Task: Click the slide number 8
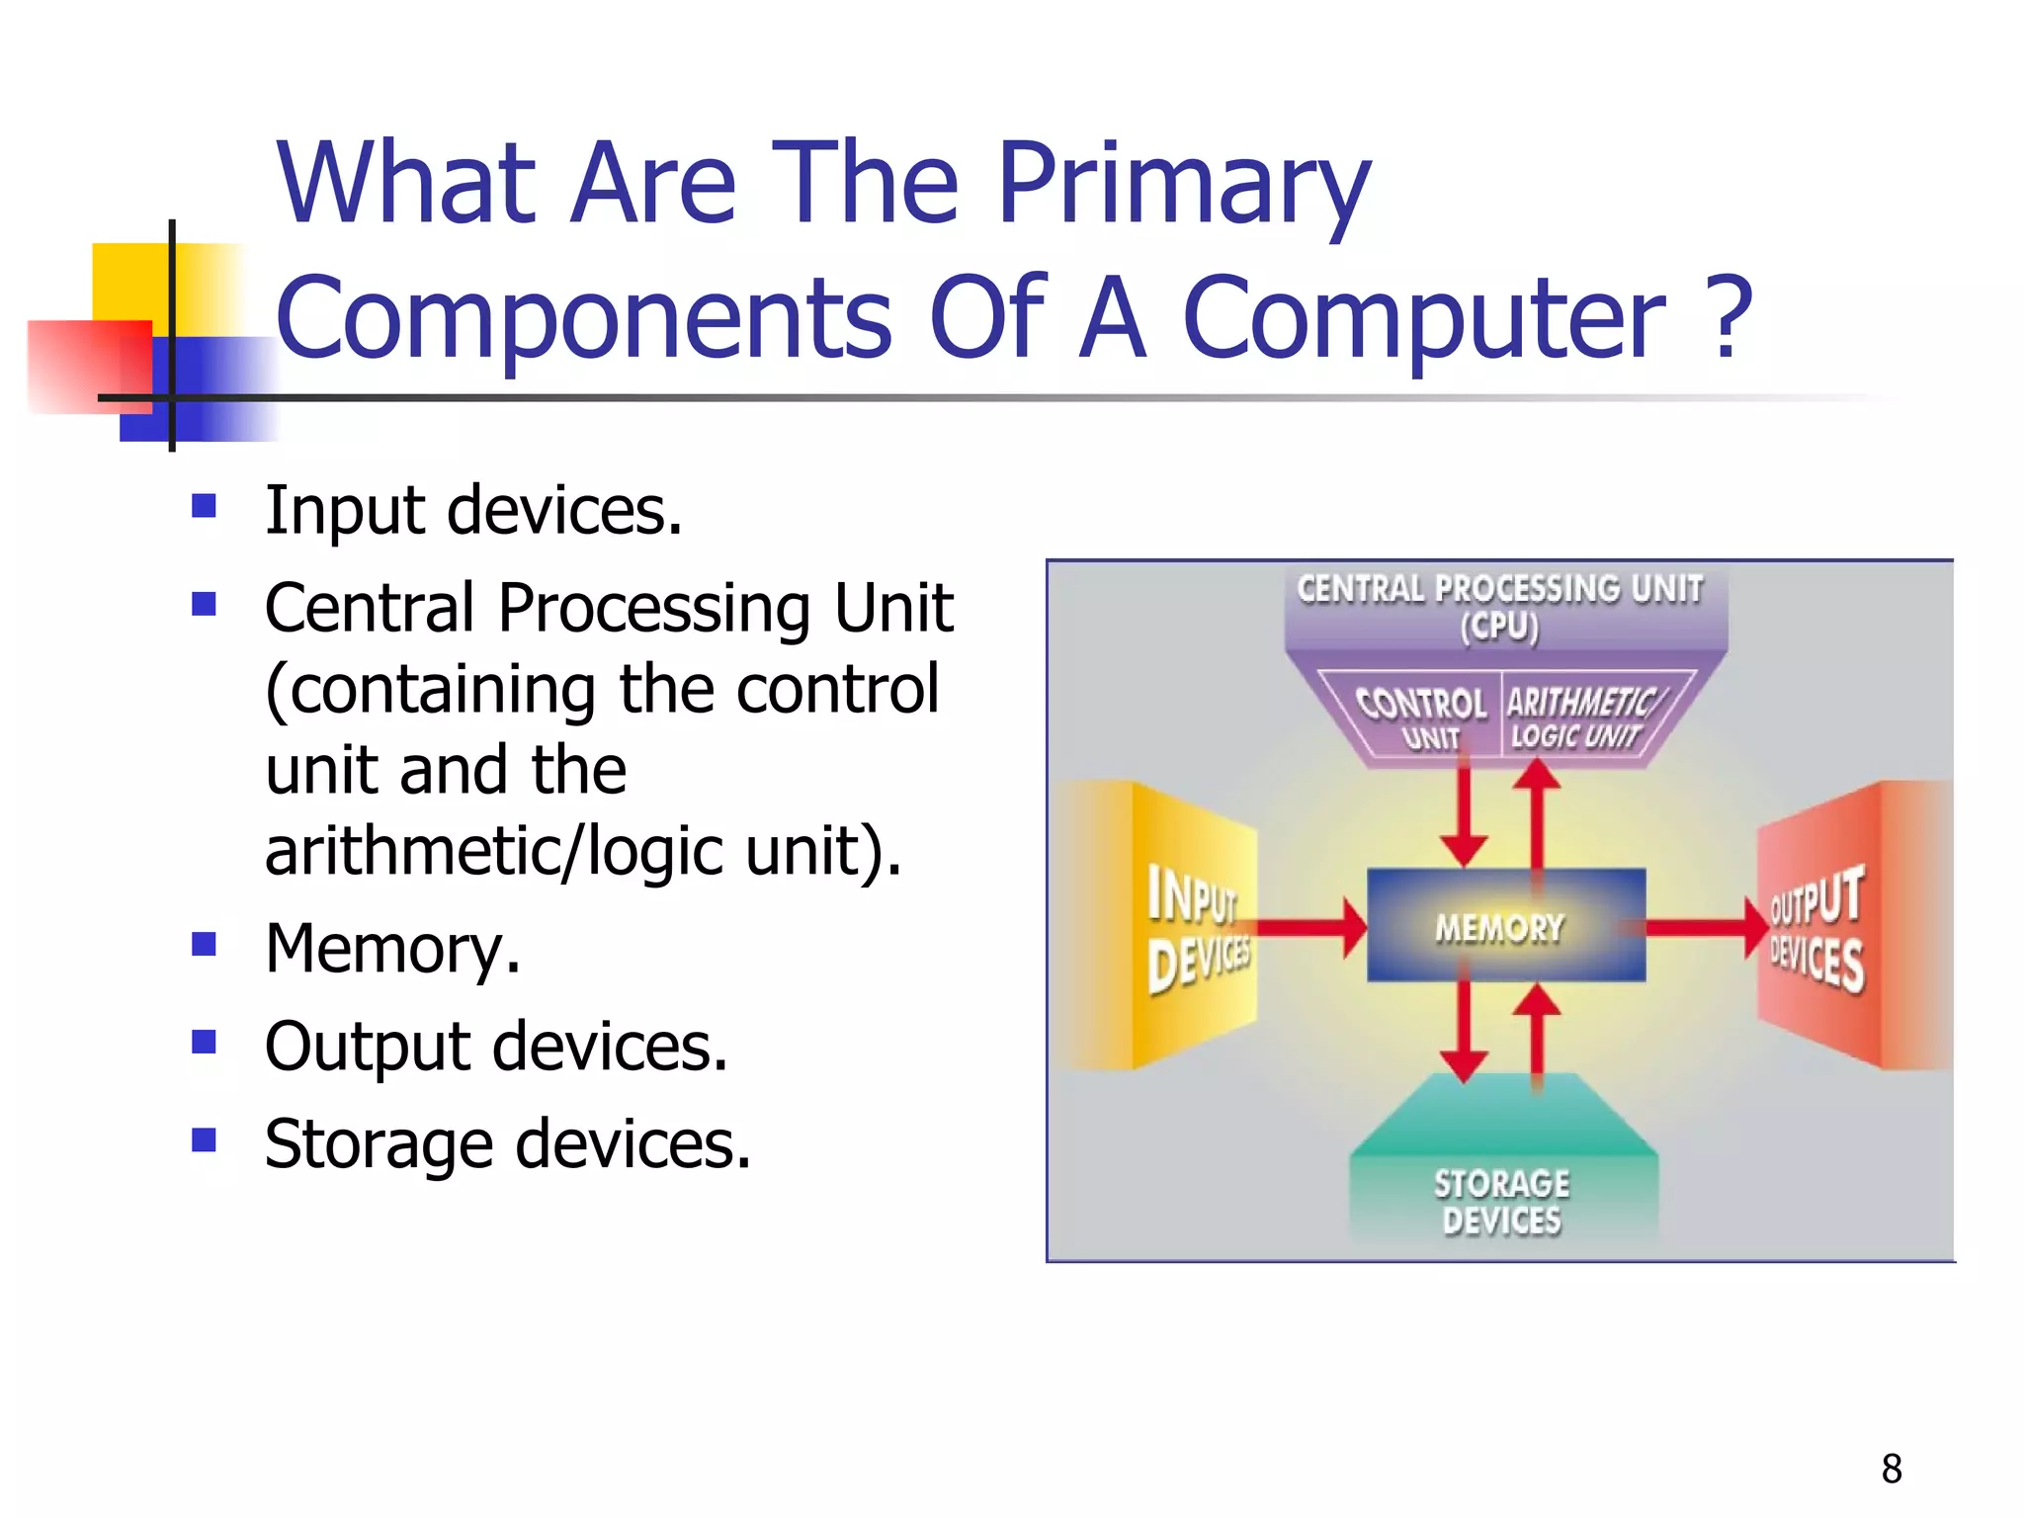pos(1891,1469)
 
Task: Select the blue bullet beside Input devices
pos(205,507)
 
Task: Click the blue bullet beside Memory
pos(205,945)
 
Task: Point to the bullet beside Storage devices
pos(205,1140)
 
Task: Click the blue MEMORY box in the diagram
pos(1504,926)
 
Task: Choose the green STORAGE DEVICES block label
pos(1501,1201)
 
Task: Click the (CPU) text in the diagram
pos(1499,628)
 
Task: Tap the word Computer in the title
pos(1423,318)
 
